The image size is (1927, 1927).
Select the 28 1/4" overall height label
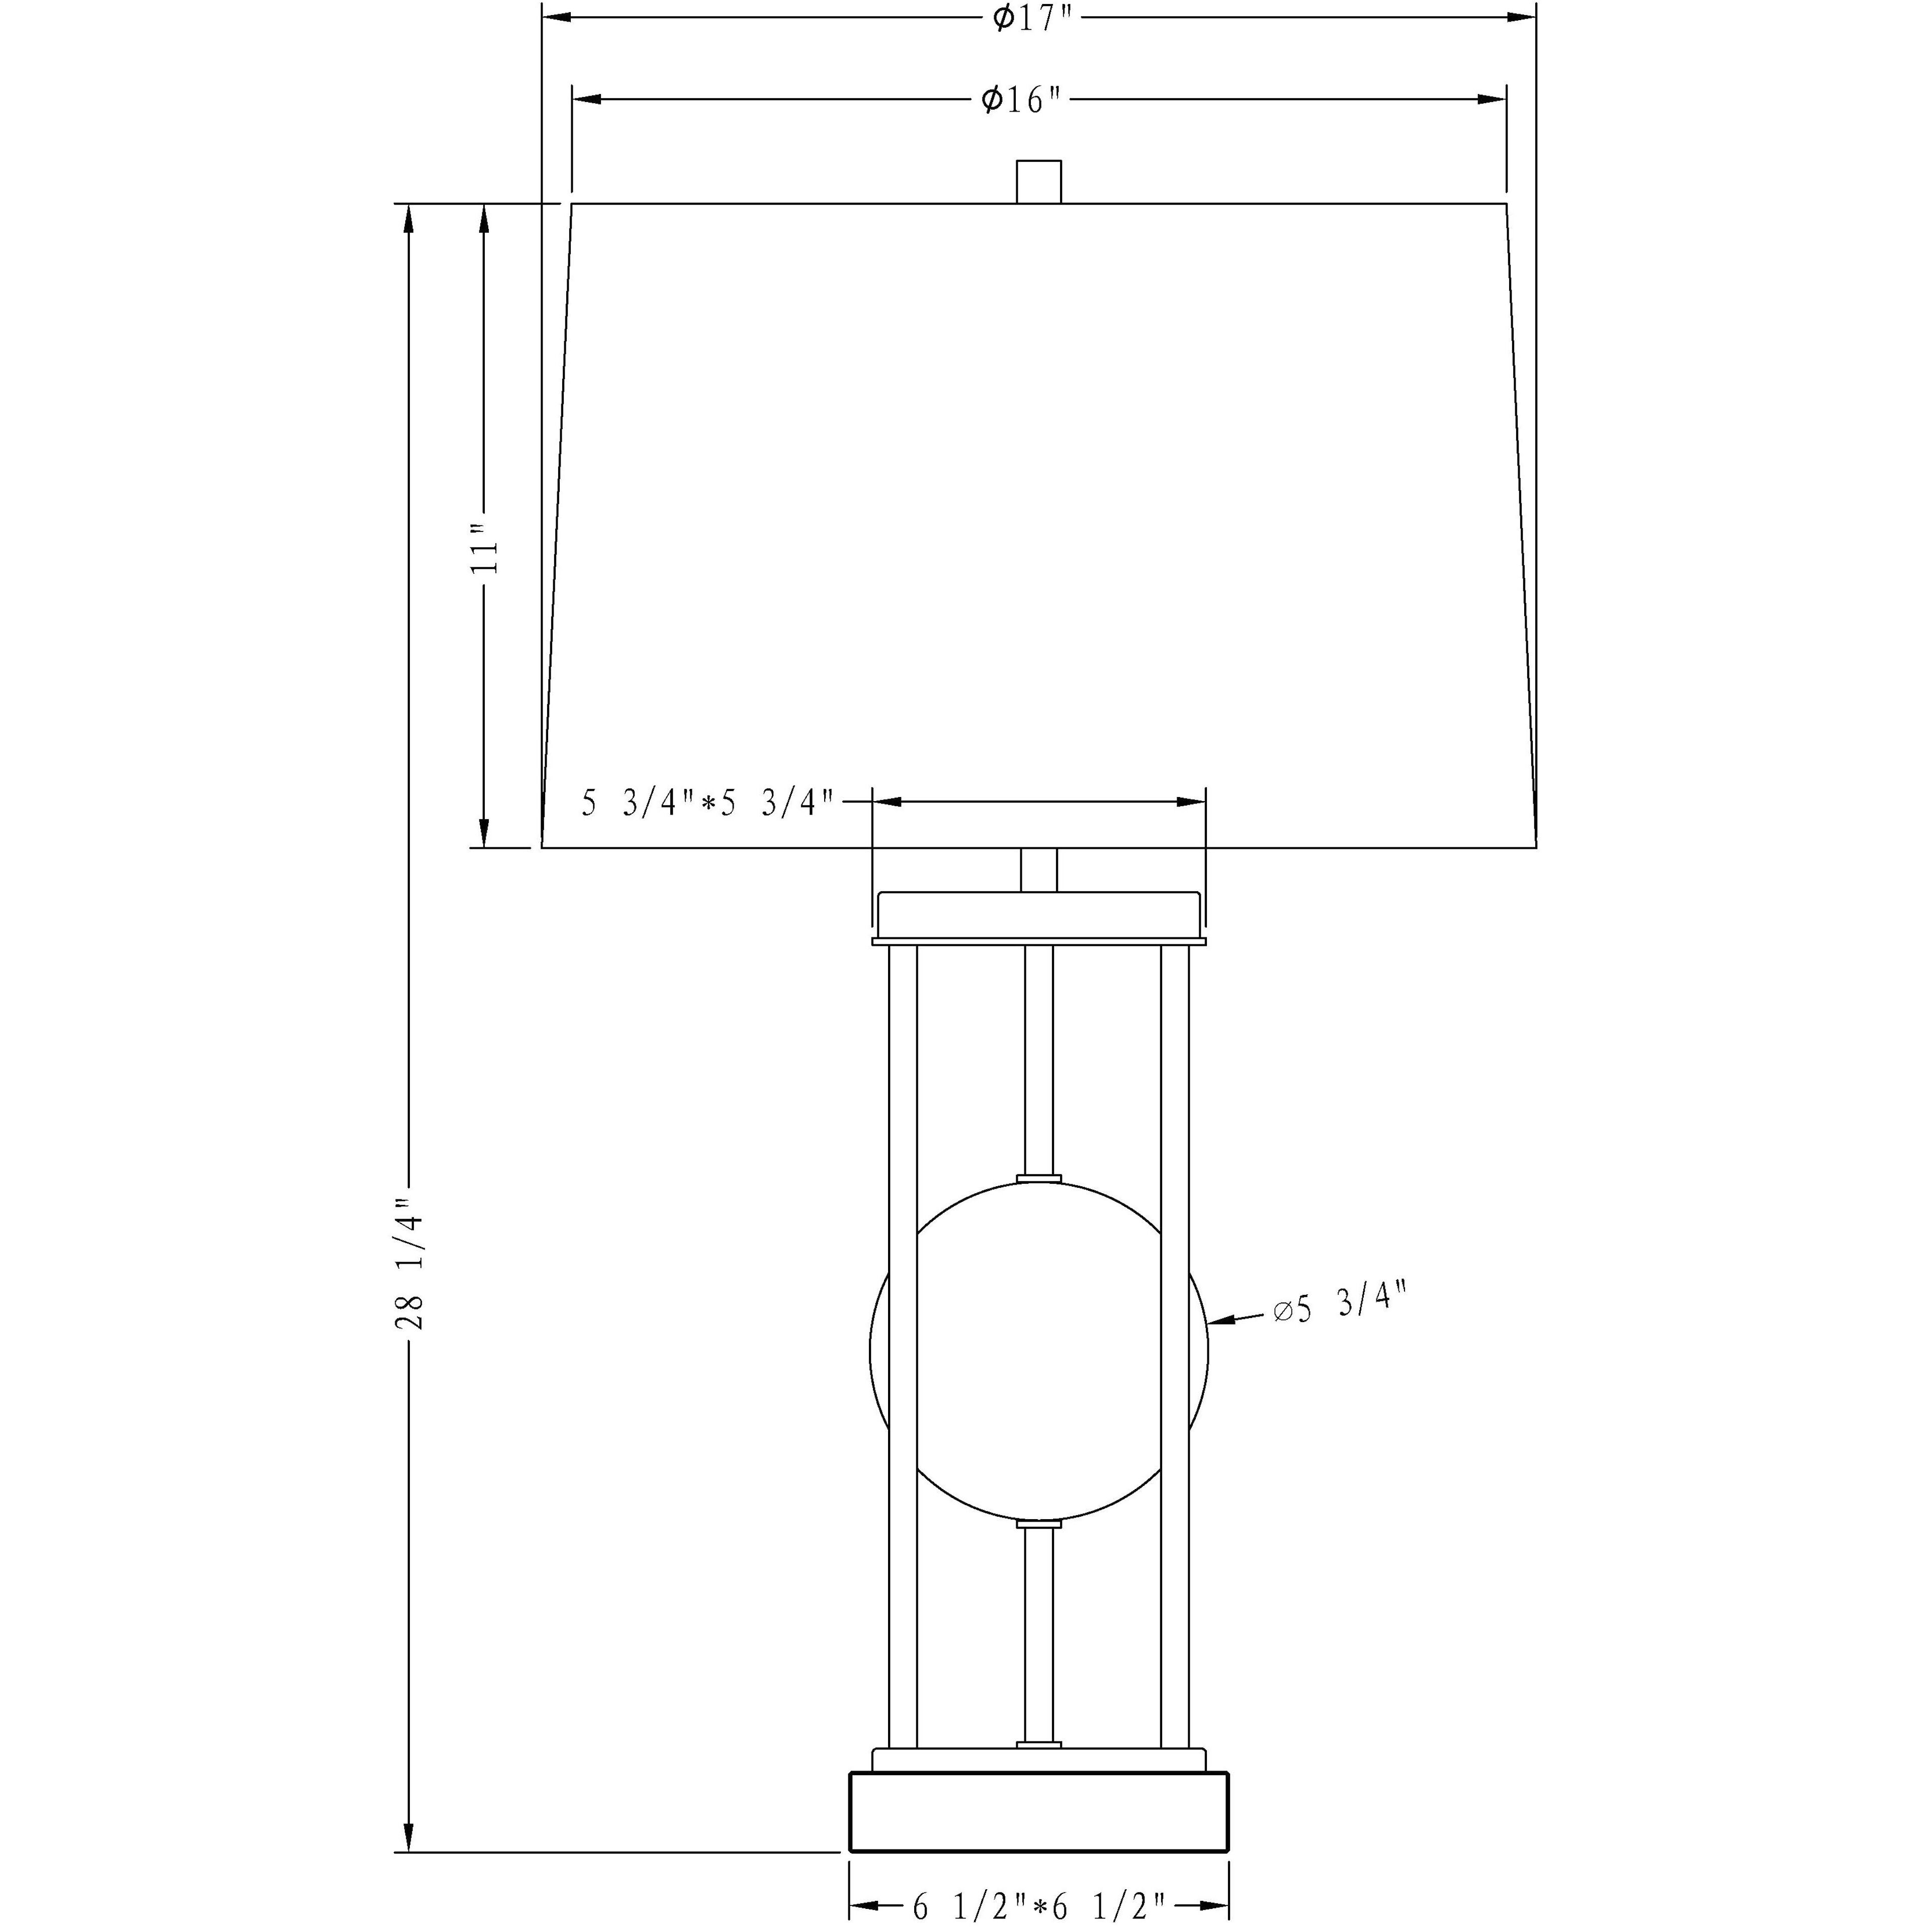click(409, 1265)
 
